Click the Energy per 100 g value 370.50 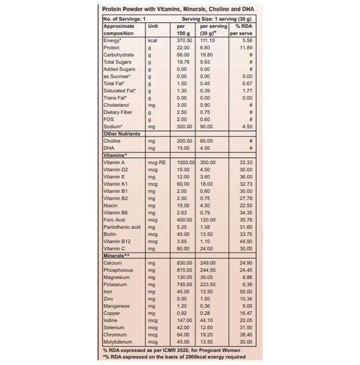pyautogui.click(x=185, y=40)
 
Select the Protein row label pyautogui.click(x=112, y=47)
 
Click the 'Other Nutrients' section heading pyautogui.click(x=122, y=133)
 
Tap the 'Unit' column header pyautogui.click(x=153, y=26)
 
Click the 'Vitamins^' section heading pyautogui.click(x=116, y=155)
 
